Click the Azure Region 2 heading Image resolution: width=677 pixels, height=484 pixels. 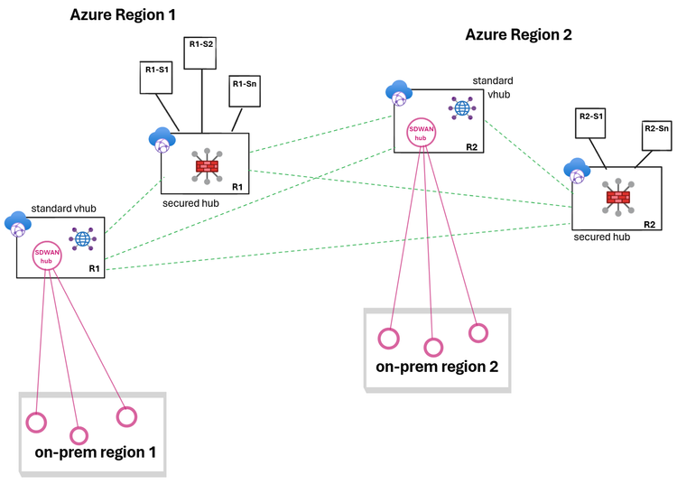pyautogui.click(x=518, y=35)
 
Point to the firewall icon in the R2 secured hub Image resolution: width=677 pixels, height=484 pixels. pyautogui.click(x=617, y=198)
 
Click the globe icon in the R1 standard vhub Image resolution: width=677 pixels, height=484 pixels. pyautogui.click(x=82, y=239)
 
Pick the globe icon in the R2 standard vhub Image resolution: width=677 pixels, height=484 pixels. pyautogui.click(x=462, y=108)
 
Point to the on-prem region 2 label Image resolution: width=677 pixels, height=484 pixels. pyautogui.click(x=437, y=367)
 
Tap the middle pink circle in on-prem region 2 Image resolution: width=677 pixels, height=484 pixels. pyautogui.click(x=433, y=347)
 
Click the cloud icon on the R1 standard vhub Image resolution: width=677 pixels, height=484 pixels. pyautogui.click(x=17, y=222)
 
